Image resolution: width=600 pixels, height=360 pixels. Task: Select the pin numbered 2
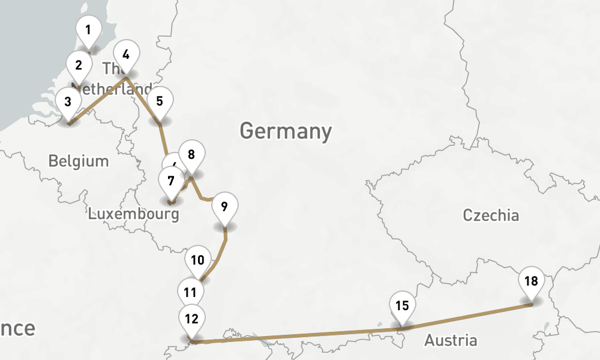click(79, 64)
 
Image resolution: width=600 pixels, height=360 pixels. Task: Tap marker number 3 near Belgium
click(68, 100)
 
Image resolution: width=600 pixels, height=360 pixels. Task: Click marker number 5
click(159, 101)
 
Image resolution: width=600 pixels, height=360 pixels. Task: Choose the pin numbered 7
click(171, 181)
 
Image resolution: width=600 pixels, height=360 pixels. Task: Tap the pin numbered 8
click(191, 155)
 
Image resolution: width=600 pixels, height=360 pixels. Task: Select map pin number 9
click(224, 207)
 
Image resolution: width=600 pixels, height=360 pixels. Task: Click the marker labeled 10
click(198, 260)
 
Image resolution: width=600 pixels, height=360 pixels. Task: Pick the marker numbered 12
click(191, 319)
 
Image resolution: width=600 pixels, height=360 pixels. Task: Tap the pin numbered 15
click(402, 305)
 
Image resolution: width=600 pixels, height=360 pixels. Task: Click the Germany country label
click(286, 131)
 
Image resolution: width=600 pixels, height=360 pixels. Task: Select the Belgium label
click(79, 161)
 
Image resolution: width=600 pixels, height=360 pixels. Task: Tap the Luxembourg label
click(133, 214)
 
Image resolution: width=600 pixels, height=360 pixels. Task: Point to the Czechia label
click(491, 215)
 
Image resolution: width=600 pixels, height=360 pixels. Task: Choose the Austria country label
click(451, 341)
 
